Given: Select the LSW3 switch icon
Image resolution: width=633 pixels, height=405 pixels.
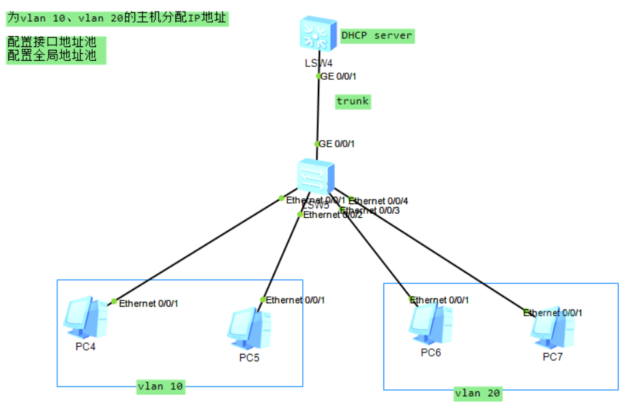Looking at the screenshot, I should [x=316, y=176].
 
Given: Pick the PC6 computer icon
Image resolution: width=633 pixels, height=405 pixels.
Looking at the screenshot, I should [x=430, y=322].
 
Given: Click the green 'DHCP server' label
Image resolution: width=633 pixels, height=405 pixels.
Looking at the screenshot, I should [x=377, y=36].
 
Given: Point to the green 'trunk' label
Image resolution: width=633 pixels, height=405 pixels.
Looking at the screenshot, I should [x=353, y=101].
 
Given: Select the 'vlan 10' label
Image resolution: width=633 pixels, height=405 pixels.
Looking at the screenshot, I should [x=160, y=386].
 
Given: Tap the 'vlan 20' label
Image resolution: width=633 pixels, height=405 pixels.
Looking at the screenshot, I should [x=477, y=393].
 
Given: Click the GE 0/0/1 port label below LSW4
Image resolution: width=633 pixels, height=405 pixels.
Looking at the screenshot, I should [x=338, y=76].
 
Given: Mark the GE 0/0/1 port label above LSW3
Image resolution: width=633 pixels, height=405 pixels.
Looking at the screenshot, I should [x=337, y=144].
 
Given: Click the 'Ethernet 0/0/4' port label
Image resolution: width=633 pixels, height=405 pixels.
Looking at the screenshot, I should [x=379, y=201].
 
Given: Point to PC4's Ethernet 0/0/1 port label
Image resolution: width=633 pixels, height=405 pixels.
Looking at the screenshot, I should [x=149, y=303].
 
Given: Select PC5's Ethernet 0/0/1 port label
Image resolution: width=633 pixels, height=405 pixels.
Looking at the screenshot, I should [x=295, y=300].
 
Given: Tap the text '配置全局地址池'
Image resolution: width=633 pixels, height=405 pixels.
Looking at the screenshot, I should [x=51, y=56].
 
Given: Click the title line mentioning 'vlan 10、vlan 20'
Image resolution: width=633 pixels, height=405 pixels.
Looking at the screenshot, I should [x=117, y=18].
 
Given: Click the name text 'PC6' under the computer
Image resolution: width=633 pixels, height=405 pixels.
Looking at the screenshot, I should [x=430, y=352].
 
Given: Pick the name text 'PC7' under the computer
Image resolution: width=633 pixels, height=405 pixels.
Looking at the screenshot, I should [x=553, y=357].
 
